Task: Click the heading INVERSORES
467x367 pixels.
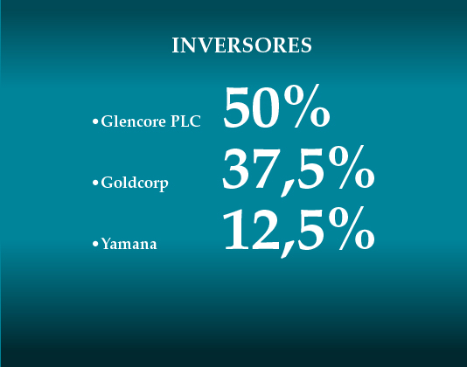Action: [x=241, y=45]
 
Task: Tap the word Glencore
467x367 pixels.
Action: [x=133, y=121]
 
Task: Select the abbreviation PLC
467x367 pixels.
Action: [x=185, y=121]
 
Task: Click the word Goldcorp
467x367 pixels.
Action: [x=135, y=183]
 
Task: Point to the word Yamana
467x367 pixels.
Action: [x=129, y=244]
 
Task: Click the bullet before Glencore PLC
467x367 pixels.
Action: [x=95, y=121]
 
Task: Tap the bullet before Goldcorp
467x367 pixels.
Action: [x=95, y=183]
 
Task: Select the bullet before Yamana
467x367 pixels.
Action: [x=95, y=244]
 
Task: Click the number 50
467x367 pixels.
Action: [x=252, y=108]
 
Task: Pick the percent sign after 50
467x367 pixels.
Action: [x=307, y=106]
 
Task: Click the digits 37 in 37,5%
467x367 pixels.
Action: [x=250, y=169]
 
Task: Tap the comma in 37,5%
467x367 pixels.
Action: [x=287, y=188]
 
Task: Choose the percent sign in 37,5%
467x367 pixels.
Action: [x=352, y=167]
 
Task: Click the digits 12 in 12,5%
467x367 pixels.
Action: [x=252, y=230]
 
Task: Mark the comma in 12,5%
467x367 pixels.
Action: [x=287, y=249]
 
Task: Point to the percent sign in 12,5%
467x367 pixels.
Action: [x=352, y=229]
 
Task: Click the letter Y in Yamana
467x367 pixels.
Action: [x=107, y=243]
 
